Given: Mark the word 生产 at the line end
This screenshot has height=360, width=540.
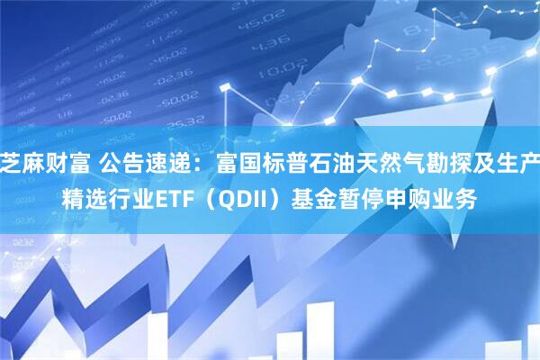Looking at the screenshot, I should pyautogui.click(x=507, y=163).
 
